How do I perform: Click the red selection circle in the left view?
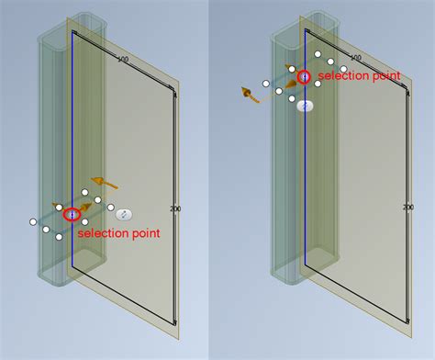72,214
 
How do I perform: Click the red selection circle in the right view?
304,75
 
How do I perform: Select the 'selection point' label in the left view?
119,234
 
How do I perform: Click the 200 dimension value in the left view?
176,208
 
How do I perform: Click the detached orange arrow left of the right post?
248,93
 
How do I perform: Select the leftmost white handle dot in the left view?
33,222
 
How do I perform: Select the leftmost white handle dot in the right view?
265,84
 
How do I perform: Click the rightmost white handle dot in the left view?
111,208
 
